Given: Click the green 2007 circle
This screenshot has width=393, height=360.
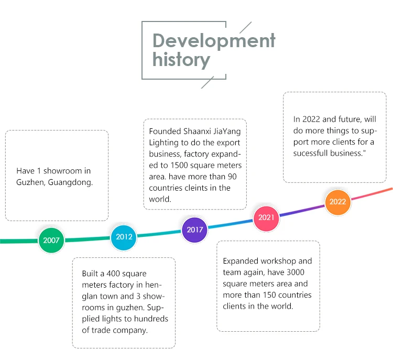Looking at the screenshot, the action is (x=51, y=240).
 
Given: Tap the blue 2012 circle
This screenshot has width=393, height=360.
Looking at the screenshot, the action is (x=124, y=237).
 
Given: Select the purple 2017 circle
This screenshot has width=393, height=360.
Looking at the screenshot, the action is (x=194, y=230).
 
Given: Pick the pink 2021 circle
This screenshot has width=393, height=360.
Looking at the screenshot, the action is (x=266, y=217).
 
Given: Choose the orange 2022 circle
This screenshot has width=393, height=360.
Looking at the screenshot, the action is (x=337, y=202).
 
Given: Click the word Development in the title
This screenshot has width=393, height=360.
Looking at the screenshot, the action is (x=214, y=41).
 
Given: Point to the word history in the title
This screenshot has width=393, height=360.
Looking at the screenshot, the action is (x=181, y=60).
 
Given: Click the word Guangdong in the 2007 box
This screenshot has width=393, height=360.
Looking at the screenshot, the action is (x=70, y=182).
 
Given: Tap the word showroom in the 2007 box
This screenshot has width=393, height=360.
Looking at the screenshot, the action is (x=63, y=171).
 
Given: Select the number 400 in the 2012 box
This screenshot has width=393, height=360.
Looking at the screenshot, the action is (x=113, y=274).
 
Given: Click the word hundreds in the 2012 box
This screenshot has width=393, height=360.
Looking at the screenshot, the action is (x=151, y=319).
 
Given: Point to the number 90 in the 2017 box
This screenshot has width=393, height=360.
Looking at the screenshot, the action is (x=232, y=177).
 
